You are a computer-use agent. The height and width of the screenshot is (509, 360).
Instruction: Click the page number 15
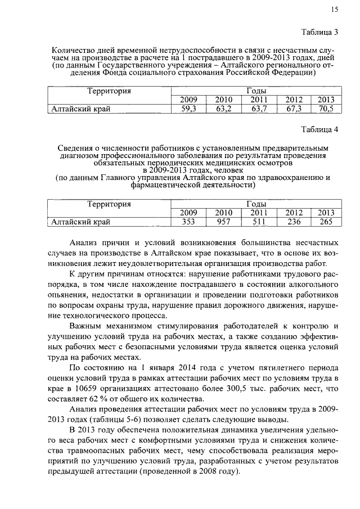pyautogui.click(x=335, y=9)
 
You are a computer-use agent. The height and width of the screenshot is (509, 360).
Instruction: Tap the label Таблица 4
pyautogui.click(x=319, y=129)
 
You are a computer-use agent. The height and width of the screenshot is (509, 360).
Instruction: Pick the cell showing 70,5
pyautogui.click(x=326, y=110)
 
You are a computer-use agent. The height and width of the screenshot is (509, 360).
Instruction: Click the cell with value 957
pyautogui.click(x=224, y=222)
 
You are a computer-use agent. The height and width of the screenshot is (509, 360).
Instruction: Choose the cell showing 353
pyautogui.click(x=188, y=222)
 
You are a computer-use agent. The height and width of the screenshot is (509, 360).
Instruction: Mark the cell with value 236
pyautogui.click(x=294, y=222)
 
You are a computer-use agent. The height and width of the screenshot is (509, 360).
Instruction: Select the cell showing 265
pyautogui.click(x=326, y=222)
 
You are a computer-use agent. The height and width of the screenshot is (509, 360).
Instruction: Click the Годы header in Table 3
pyautogui.click(x=256, y=91)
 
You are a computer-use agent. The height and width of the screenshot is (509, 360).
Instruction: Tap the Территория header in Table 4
pyautogui.click(x=109, y=204)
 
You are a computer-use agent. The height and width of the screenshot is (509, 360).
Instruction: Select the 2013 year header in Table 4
pyautogui.click(x=326, y=213)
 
